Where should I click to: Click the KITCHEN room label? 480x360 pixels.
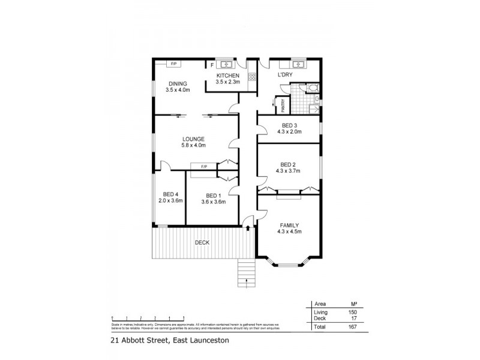(x=228, y=75)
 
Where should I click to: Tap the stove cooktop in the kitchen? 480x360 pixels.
(x=252, y=77)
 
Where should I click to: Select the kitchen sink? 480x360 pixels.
(x=227, y=64)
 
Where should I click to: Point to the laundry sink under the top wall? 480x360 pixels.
(x=298, y=64)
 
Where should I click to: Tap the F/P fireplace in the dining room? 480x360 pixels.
(x=173, y=64)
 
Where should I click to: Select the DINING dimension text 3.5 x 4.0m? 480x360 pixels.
(x=178, y=90)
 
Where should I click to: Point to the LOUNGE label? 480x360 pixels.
(x=193, y=138)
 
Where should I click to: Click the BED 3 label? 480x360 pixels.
(x=289, y=125)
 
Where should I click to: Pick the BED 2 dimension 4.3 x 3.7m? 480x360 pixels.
(x=289, y=170)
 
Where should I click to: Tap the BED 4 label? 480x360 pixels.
(x=170, y=194)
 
